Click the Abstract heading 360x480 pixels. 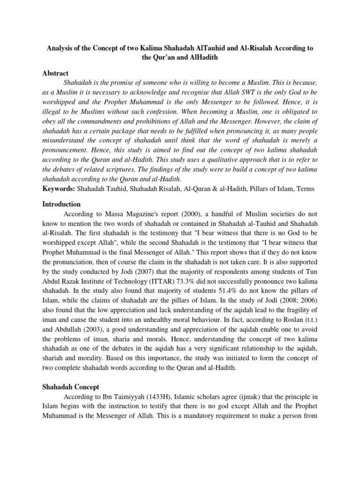(55, 74)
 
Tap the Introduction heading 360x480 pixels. (61, 204)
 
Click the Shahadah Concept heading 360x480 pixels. (71, 387)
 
